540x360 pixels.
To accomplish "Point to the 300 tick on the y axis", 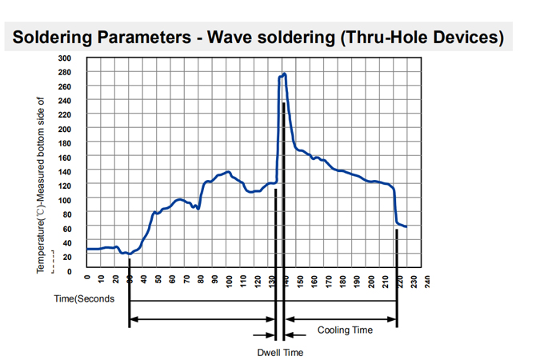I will point(65,58).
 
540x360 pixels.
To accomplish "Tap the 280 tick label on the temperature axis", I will point(65,73).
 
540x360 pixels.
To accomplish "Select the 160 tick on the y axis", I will point(65,158).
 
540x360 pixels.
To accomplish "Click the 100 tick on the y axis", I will point(65,200).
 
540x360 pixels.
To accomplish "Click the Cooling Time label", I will point(345,330).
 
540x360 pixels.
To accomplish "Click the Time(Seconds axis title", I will point(84,298).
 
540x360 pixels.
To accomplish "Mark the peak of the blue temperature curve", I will point(284,74).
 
